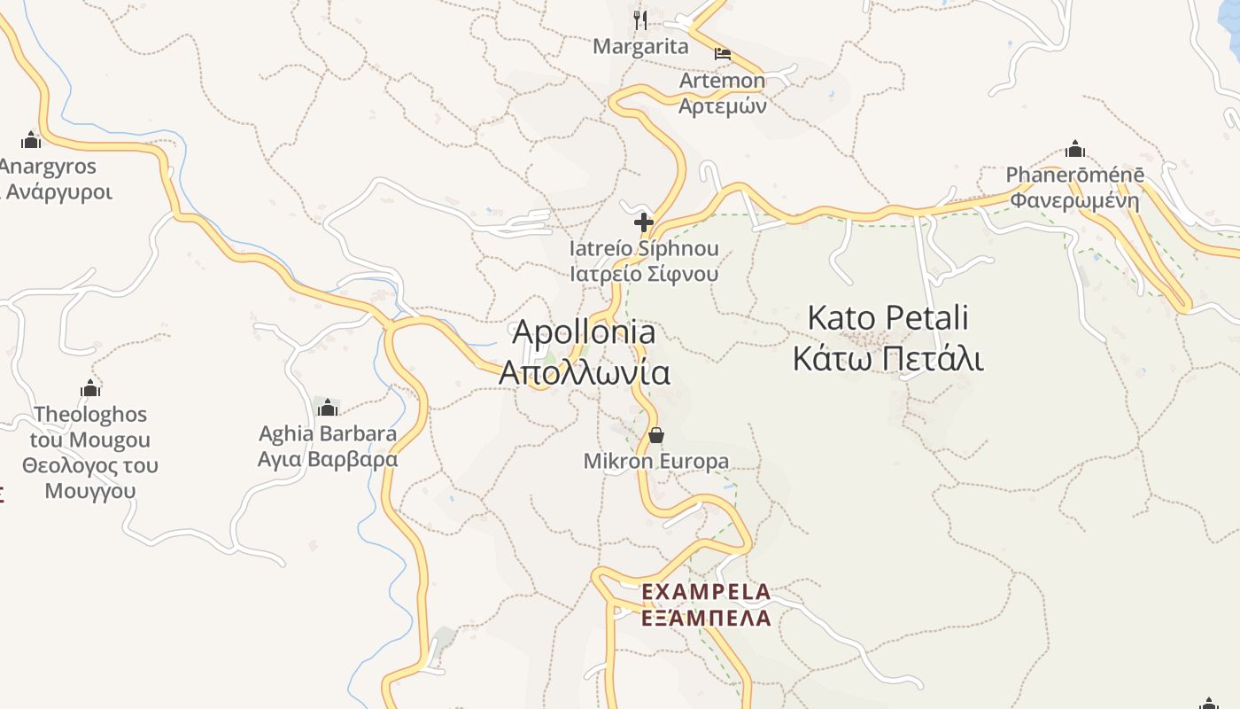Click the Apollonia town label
pos(585,332)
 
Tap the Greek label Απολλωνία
pos(585,372)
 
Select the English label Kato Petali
pos(888,317)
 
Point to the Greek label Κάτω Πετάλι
pos(888,359)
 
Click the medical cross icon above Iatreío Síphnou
pos(644,222)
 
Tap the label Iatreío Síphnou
pos(644,249)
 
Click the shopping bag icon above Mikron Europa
pos(656,435)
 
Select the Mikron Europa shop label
pos(656,462)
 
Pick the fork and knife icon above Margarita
pos(640,19)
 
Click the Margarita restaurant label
pos(640,47)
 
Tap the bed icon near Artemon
pos(723,53)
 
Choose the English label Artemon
pos(722,81)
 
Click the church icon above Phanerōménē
pos(1075,148)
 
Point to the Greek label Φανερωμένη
pos(1075,200)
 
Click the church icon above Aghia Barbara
pos(328,407)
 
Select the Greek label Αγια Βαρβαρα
pos(328,460)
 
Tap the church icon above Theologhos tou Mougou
pos(90,387)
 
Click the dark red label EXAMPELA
pos(706,591)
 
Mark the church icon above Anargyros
pos(32,139)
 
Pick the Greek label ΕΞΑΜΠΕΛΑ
pos(706,618)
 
